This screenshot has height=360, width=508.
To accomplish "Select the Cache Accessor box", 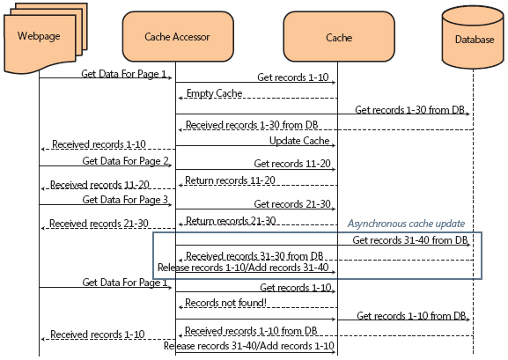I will tap(175, 36).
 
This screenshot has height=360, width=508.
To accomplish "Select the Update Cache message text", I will tap(299, 141).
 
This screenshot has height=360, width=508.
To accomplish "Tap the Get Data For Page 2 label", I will tap(125, 161).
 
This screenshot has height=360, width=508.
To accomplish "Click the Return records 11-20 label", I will tap(229, 180).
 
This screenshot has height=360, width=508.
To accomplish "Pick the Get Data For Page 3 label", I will tap(125, 200).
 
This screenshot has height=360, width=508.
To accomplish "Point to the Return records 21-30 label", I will tap(229, 220).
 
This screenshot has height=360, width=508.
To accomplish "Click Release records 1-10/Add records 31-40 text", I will tap(243, 268).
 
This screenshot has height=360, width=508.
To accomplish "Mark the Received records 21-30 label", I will tap(87, 224).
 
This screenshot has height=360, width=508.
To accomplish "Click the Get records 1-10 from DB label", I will tap(414, 315).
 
